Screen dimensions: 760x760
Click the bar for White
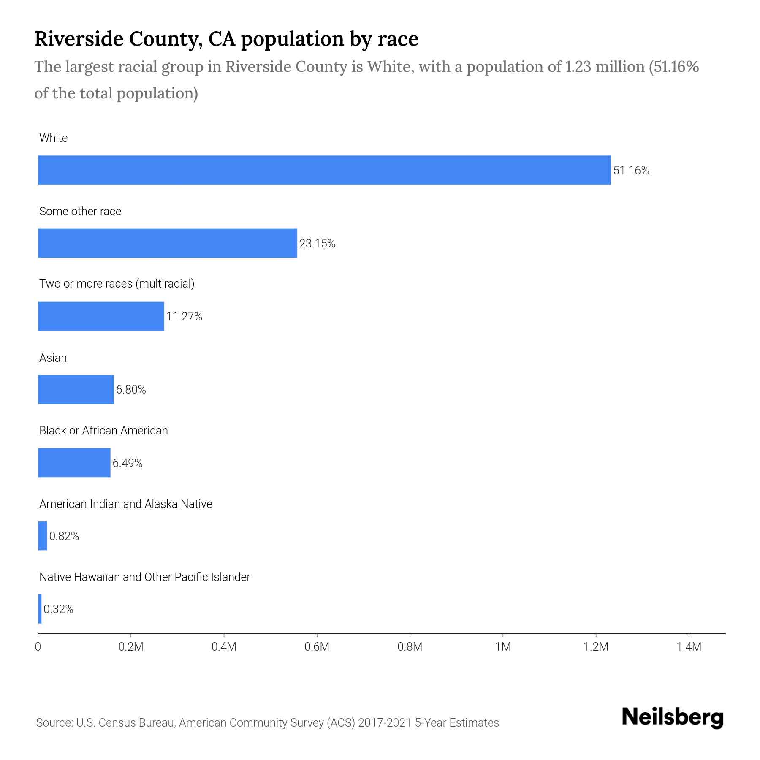324,170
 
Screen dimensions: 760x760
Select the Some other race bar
168,243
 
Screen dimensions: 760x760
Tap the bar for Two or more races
101,316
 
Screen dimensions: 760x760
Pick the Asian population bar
76,389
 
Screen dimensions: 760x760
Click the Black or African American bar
74,463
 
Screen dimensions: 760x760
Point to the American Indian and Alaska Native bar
43,536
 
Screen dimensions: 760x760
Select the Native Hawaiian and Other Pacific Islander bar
40,609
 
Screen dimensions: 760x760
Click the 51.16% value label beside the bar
631,171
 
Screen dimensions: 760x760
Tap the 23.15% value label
317,244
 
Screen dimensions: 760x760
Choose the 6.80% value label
131,390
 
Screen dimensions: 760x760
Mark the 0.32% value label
58,609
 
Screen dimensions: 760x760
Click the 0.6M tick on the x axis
317,647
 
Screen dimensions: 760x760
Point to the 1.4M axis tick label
689,647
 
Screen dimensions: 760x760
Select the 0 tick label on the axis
38,647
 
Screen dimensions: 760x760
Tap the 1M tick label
503,647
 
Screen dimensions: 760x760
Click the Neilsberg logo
673,717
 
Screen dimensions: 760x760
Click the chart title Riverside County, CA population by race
226,39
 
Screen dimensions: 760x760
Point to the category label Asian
53,358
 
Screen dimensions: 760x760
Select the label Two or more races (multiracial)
117,284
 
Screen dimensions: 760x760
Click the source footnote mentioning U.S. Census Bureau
267,723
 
